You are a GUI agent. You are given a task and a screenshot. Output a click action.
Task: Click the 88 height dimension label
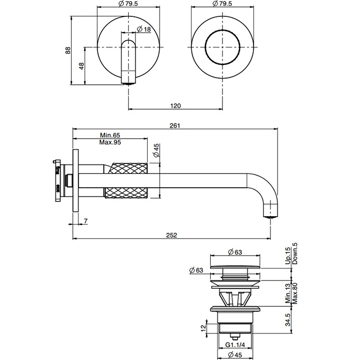click(x=68, y=50)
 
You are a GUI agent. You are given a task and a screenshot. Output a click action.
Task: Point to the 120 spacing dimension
click(x=176, y=106)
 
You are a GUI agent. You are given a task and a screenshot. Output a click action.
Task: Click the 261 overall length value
click(x=176, y=125)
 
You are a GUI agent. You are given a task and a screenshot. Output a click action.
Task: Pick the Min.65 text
click(x=110, y=135)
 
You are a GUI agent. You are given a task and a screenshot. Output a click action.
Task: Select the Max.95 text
click(x=110, y=142)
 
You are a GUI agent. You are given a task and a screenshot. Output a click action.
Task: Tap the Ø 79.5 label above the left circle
click(x=128, y=4)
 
